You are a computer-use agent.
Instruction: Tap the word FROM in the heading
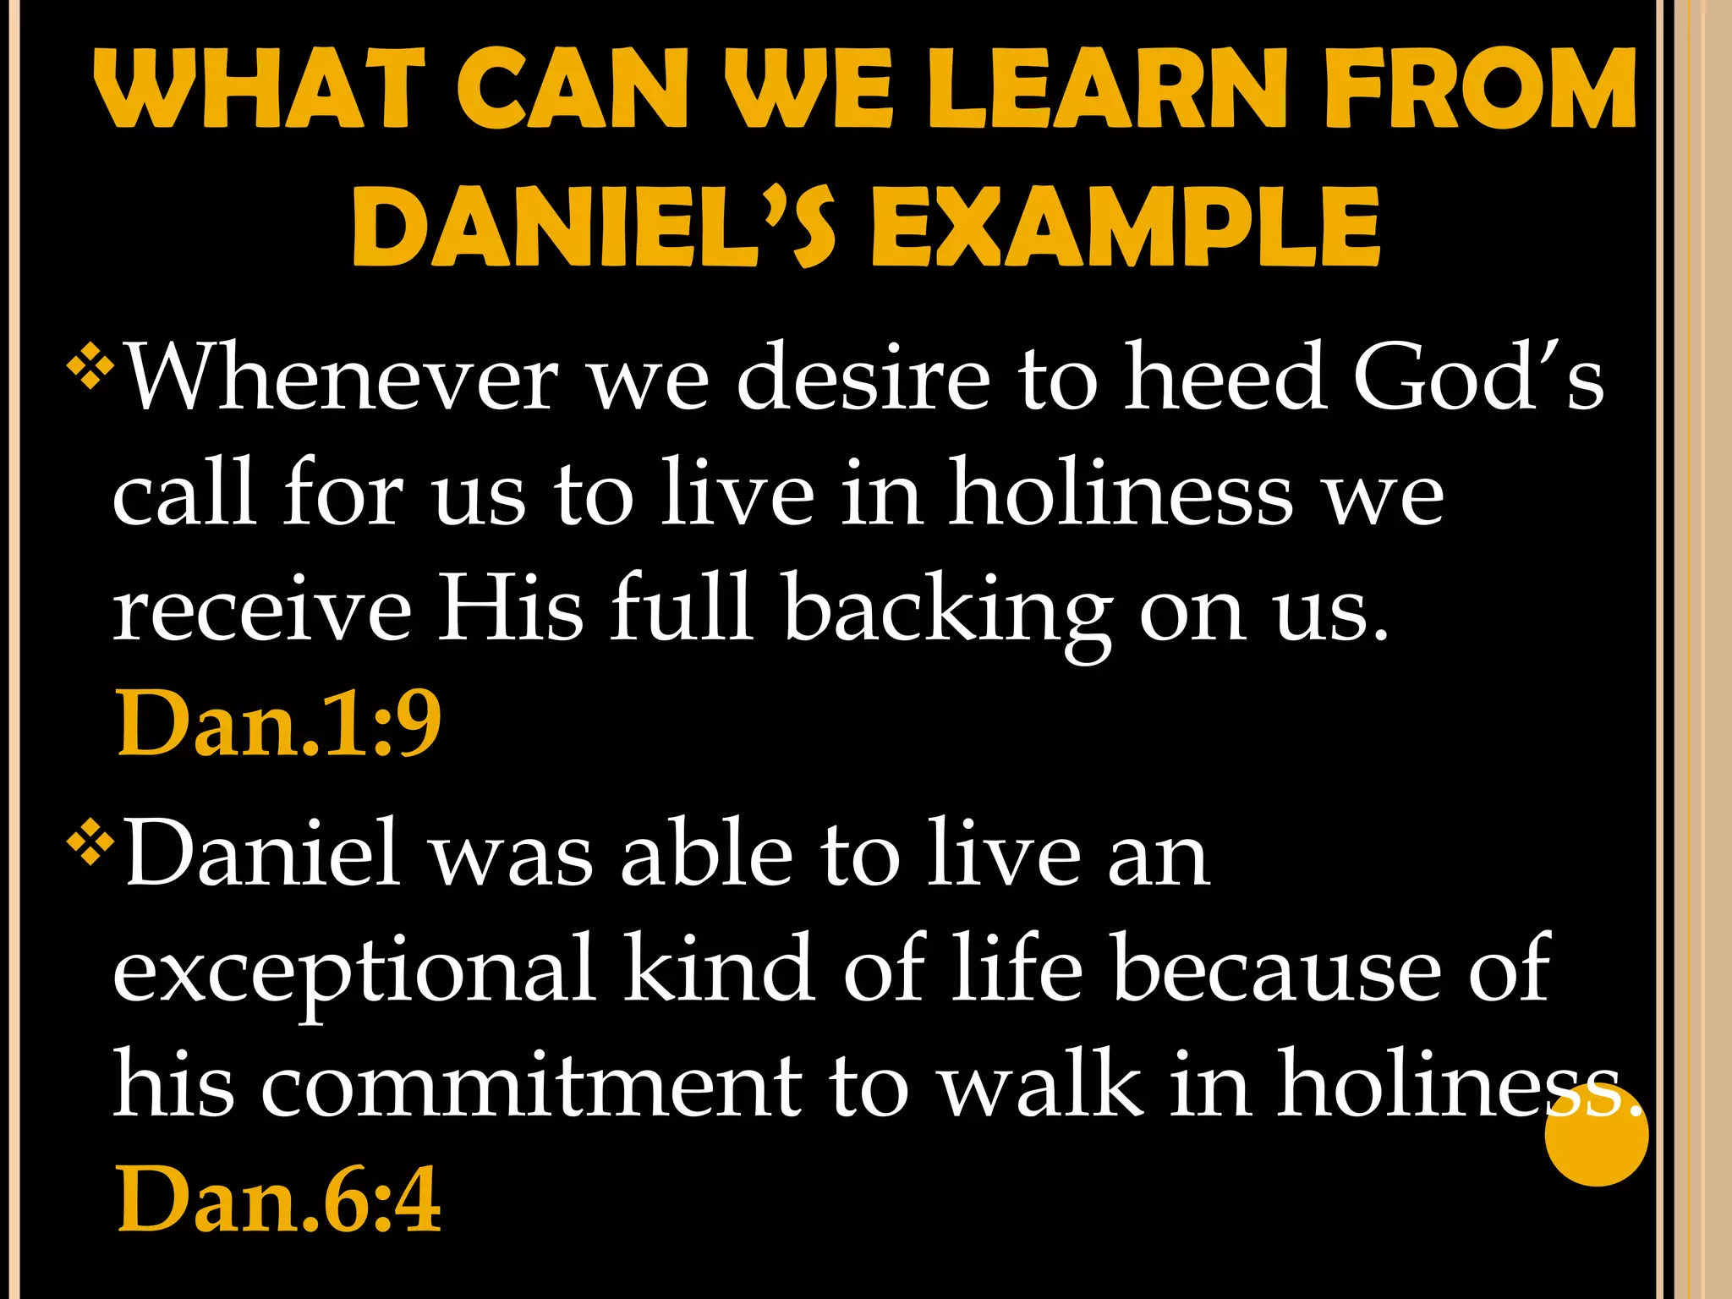click(x=1481, y=89)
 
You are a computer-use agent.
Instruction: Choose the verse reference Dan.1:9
click(x=279, y=724)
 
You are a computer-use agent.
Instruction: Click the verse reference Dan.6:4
click(x=279, y=1199)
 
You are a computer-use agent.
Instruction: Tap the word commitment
click(x=532, y=1085)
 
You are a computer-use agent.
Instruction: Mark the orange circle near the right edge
click(x=1596, y=1135)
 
